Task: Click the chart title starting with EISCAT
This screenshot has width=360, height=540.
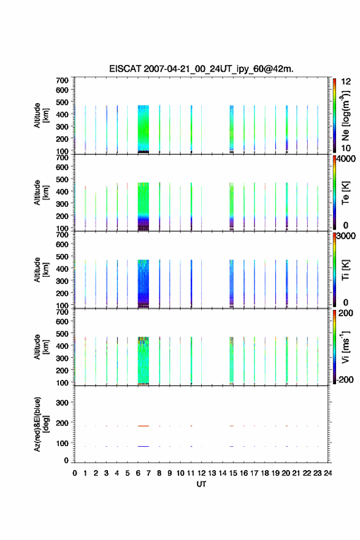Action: (201, 69)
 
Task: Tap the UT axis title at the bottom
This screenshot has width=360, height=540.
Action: (201, 484)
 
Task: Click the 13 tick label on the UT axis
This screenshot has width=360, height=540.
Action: (212, 473)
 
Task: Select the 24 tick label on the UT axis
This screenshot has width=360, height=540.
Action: (328, 473)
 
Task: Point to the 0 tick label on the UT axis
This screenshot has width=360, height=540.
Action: (75, 473)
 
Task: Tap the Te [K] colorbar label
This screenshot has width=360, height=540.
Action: (345, 193)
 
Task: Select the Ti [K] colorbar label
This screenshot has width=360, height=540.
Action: (345, 270)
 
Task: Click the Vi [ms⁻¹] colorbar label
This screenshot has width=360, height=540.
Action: (345, 347)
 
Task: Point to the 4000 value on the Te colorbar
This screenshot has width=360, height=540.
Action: (346, 159)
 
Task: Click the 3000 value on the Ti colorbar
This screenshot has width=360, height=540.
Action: (346, 236)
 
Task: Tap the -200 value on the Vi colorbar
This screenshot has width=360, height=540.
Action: (344, 379)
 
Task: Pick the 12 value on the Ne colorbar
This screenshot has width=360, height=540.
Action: (346, 82)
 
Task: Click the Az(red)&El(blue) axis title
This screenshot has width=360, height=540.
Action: (41, 424)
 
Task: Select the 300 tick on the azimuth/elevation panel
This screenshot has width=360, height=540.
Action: (63, 403)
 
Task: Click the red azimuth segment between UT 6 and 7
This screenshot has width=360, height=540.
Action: (143, 426)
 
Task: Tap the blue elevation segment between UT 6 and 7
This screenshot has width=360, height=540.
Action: (143, 446)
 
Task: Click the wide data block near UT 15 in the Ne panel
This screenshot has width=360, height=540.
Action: (232, 129)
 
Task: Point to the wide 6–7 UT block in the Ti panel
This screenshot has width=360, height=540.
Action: (143, 283)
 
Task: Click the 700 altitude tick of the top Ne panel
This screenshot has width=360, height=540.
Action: (63, 80)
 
